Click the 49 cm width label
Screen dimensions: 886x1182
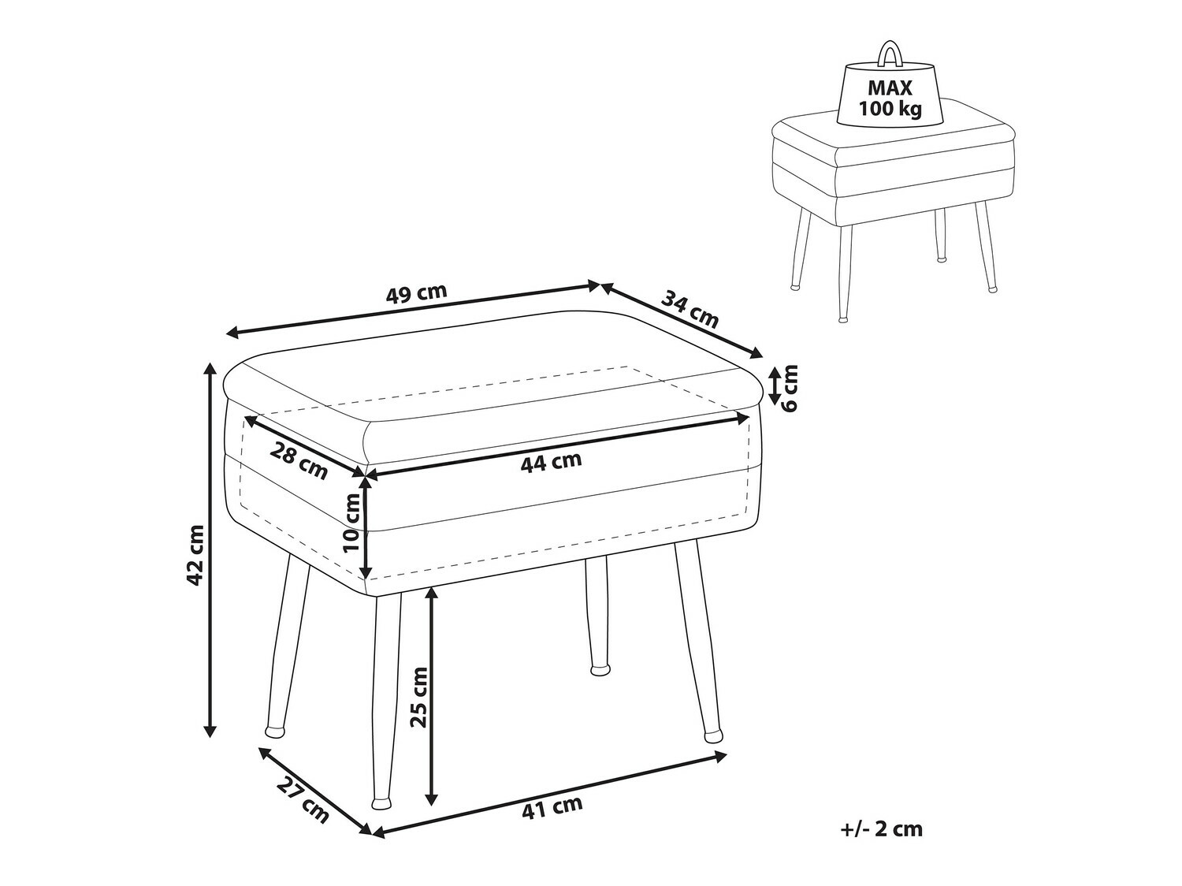pyautogui.click(x=416, y=292)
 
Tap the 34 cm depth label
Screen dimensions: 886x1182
pyautogui.click(x=690, y=309)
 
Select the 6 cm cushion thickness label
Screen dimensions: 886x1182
pyautogui.click(x=790, y=387)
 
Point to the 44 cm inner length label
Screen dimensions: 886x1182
pyautogui.click(x=551, y=462)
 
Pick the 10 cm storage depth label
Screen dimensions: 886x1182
pyautogui.click(x=351, y=526)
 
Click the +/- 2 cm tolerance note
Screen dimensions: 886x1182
pyautogui.click(x=881, y=828)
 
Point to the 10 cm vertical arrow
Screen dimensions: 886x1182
pyautogui.click(x=365, y=526)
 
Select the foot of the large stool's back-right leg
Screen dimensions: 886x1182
pyautogui.click(x=601, y=671)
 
